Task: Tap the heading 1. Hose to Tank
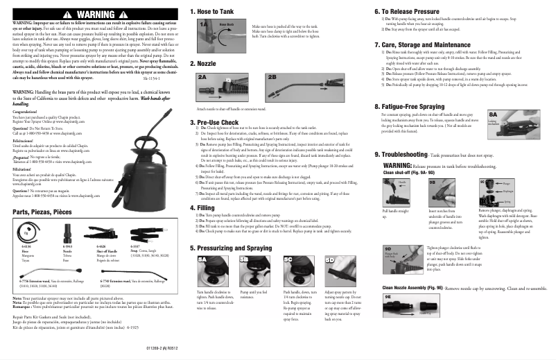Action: click(218, 12)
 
